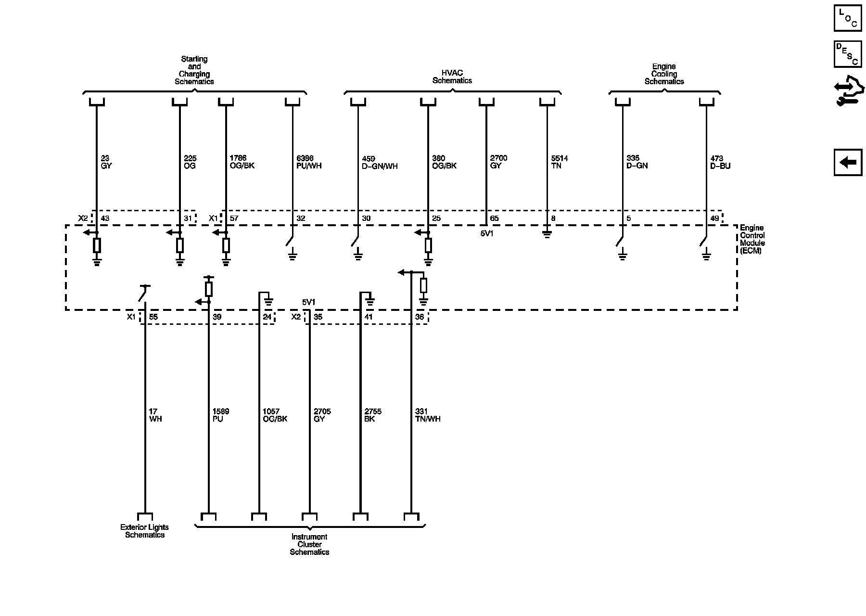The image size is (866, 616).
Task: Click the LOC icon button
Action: coord(847,18)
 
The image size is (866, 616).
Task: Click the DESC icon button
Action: coord(847,53)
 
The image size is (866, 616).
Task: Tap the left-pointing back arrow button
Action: coord(847,162)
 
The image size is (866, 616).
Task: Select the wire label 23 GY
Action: coord(106,162)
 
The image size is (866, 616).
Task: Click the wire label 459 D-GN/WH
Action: coord(380,162)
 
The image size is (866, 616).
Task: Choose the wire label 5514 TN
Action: coord(560,162)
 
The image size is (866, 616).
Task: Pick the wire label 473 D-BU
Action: coord(720,162)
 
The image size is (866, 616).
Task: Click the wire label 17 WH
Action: coord(155,415)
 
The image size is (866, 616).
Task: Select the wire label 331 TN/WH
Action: coord(428,415)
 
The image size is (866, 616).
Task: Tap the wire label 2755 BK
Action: coord(373,415)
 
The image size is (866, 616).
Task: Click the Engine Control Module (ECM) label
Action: coord(752,239)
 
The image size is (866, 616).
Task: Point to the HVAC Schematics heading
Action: coord(452,77)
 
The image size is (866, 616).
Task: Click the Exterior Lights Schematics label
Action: coord(144,531)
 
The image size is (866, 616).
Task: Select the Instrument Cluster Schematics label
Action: coord(309,544)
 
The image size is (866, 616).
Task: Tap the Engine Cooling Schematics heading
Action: coord(664,74)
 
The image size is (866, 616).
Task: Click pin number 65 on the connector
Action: coord(494,218)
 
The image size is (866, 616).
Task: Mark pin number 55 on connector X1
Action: coord(153,317)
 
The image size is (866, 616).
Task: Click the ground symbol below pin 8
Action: coord(547,235)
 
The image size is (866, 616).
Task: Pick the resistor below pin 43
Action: coord(97,245)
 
